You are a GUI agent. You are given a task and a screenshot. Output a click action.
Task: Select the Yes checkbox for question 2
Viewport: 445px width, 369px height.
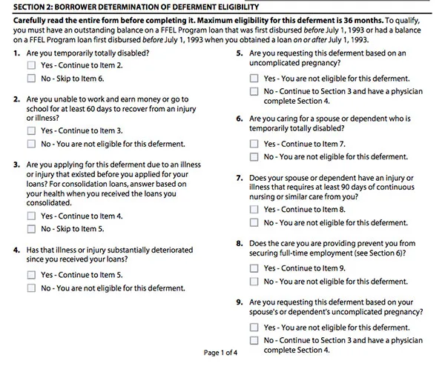[x=31, y=130]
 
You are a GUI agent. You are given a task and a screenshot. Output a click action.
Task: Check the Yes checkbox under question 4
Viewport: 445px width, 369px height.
[x=31, y=275]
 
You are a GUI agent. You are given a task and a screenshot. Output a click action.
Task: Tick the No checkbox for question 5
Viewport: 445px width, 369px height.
[x=254, y=91]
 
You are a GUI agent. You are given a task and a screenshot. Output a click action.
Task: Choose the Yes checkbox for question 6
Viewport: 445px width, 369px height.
[x=254, y=144]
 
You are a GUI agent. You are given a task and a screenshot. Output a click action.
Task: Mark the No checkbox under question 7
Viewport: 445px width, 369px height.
[x=254, y=222]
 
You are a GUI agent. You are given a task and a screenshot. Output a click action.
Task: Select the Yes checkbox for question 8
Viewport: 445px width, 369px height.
[x=254, y=268]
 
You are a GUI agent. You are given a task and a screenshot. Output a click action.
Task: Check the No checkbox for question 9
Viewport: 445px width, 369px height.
[x=254, y=340]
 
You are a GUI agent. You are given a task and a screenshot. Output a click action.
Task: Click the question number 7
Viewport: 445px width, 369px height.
[x=239, y=179]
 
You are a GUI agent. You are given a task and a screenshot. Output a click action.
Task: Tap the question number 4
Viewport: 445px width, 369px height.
[x=16, y=250]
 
